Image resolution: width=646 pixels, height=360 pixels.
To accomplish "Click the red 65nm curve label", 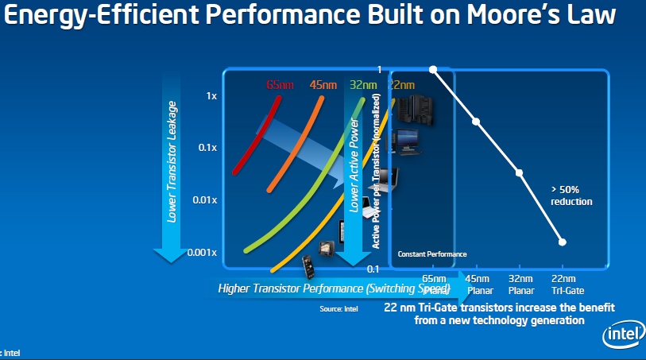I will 278,85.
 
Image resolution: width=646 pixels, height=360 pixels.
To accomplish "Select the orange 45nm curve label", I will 323,85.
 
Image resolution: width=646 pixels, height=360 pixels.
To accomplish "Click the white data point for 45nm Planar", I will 476,122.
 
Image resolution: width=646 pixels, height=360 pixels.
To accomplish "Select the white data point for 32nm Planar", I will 519,172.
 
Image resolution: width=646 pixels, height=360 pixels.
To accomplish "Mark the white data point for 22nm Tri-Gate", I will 562,242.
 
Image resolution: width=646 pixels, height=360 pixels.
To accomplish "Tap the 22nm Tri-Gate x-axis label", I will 563,285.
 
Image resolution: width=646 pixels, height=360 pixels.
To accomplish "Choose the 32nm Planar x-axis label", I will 520,285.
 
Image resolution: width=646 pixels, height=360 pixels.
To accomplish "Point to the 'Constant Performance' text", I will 432,254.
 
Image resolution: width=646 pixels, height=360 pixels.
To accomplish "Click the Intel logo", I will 622,335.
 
